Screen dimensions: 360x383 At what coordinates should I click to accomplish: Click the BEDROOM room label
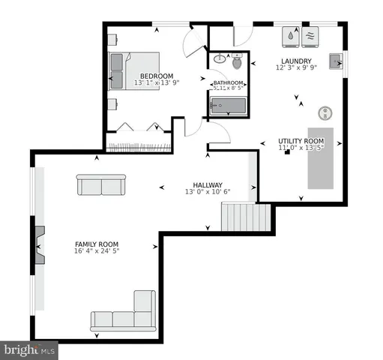157,76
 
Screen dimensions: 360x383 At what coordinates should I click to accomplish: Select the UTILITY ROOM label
301,141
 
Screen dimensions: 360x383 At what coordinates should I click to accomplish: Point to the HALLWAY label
208,184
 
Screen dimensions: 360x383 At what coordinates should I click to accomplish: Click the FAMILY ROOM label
96,244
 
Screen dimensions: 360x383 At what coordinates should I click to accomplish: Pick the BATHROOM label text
229,82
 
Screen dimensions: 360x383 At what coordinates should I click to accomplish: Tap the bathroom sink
220,58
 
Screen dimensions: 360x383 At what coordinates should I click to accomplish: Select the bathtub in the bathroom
229,108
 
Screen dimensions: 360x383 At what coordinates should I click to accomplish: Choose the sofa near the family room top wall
100,184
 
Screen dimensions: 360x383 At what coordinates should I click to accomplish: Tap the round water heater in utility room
326,112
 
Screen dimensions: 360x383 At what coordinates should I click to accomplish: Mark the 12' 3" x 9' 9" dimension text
296,68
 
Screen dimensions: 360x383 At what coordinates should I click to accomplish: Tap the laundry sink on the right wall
334,60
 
